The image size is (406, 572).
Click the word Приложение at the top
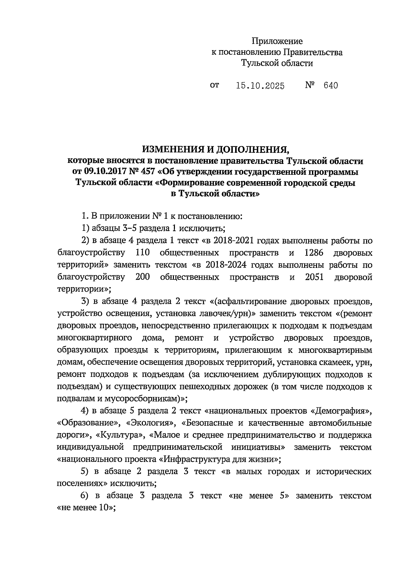(277, 41)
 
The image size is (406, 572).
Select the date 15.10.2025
(260, 86)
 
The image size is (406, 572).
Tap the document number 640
(331, 86)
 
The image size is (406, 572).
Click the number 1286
(314, 253)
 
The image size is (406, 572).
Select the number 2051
(314, 277)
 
